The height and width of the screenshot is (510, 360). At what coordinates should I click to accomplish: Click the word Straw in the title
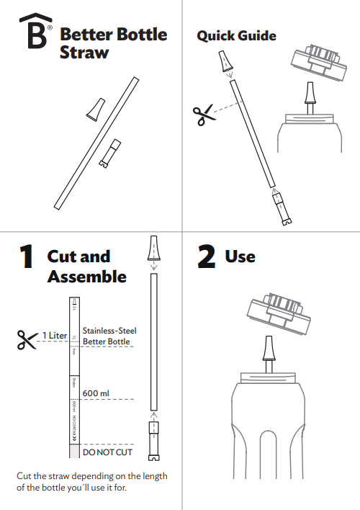pyautogui.click(x=84, y=53)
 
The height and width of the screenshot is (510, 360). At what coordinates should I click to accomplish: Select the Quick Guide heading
pyautogui.click(x=236, y=35)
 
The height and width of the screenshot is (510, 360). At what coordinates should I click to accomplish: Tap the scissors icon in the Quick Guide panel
pyautogui.click(x=204, y=115)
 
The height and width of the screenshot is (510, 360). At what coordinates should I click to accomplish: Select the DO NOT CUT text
pyautogui.click(x=108, y=453)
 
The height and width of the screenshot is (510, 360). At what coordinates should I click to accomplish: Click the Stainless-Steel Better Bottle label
pyautogui.click(x=109, y=336)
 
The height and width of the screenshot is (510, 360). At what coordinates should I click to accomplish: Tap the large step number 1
pyautogui.click(x=26, y=257)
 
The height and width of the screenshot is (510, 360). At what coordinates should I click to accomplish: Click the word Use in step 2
pyautogui.click(x=240, y=256)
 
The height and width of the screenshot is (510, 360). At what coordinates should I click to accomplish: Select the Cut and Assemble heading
pyautogui.click(x=86, y=267)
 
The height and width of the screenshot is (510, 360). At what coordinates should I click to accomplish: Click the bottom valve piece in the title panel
pyautogui.click(x=109, y=153)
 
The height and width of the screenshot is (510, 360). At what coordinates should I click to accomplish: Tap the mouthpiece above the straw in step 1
pyautogui.click(x=153, y=249)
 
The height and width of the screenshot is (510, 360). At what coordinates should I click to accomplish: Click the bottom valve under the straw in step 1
pyautogui.click(x=153, y=440)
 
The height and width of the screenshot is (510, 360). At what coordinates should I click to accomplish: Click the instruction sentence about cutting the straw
pyautogui.click(x=91, y=483)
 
